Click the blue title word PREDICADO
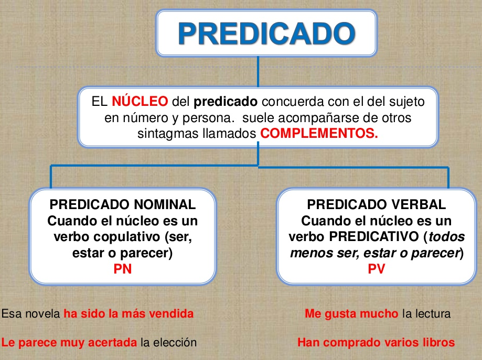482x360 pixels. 266,34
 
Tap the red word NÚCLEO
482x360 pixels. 140,101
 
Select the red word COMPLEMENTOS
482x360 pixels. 319,133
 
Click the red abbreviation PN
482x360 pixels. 123,269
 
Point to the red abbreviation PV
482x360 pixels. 377,269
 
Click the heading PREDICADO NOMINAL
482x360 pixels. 123,204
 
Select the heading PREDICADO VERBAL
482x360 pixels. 377,204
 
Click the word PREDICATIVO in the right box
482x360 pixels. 374,237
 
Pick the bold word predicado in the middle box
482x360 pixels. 226,102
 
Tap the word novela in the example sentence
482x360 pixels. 42,314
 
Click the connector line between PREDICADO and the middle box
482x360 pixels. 258,72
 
